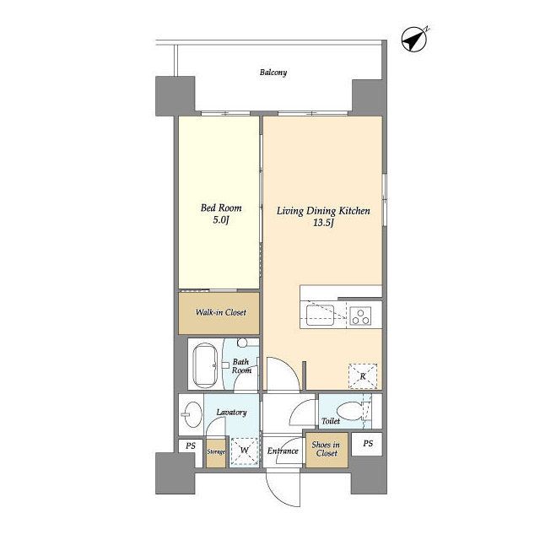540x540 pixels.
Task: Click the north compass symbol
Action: (x=414, y=40)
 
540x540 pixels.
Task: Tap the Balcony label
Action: (x=273, y=73)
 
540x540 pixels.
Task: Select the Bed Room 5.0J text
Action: (x=221, y=213)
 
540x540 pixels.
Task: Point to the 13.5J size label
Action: (x=323, y=223)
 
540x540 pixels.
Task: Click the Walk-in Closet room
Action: (x=219, y=313)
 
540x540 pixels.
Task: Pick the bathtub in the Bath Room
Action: (x=205, y=365)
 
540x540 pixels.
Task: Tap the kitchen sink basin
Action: (x=320, y=315)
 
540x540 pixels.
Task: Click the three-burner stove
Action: (x=360, y=316)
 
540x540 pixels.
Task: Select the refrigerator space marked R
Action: (x=363, y=376)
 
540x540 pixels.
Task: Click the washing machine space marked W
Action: (x=244, y=450)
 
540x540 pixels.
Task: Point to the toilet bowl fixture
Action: (x=350, y=412)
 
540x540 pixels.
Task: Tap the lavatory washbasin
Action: (x=192, y=414)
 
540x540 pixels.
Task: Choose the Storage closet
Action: (x=216, y=452)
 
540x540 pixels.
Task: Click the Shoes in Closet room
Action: (x=327, y=450)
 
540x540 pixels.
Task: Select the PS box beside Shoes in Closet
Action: (x=367, y=444)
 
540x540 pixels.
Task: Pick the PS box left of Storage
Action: (x=191, y=446)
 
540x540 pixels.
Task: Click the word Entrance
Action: (x=283, y=451)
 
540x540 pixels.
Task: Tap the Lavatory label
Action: (x=231, y=413)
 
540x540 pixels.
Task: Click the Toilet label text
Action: (x=331, y=421)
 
